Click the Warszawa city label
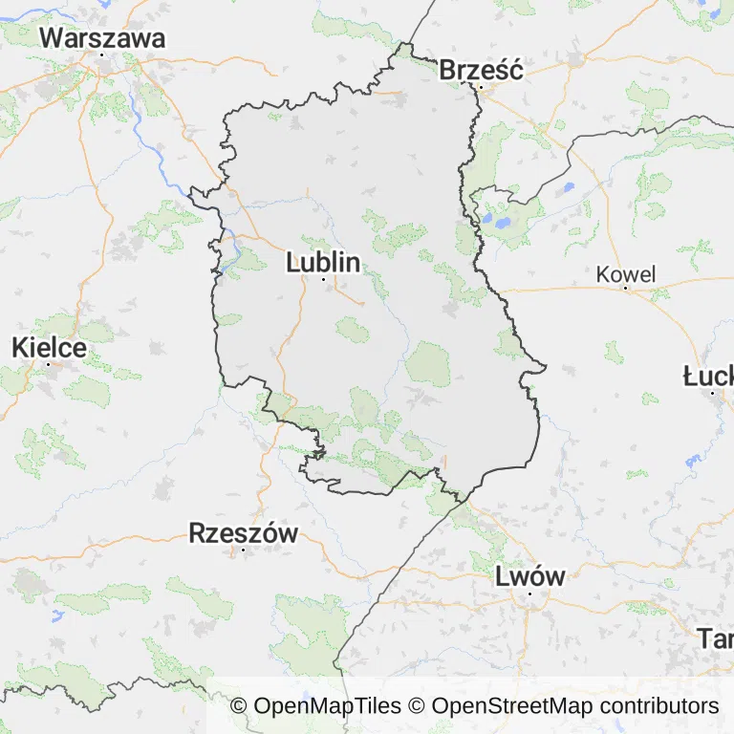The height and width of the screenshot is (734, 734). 102,38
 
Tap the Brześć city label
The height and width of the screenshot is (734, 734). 481,70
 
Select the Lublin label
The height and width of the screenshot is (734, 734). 323,262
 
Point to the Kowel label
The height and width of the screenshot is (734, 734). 626,274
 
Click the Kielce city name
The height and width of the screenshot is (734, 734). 49,348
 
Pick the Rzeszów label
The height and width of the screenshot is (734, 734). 244,533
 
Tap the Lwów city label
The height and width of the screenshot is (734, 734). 529,576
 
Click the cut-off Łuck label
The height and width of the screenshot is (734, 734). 708,376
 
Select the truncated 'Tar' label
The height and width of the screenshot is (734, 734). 715,637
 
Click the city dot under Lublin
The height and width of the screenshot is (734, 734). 323,279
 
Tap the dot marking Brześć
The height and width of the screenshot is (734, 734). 481,87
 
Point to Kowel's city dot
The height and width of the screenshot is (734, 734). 626,290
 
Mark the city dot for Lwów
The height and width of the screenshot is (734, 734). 529,594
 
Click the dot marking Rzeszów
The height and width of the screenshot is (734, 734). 244,550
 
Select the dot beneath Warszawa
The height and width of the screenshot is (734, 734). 102,54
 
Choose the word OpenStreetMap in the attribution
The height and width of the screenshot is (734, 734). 512,706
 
